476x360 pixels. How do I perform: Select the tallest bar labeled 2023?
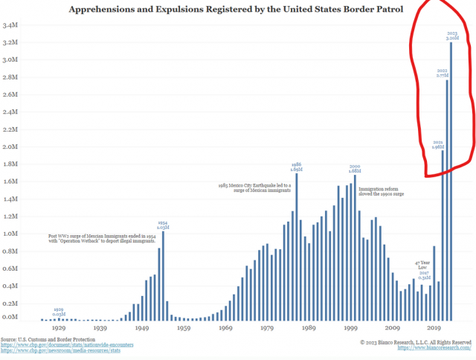pos(451,179)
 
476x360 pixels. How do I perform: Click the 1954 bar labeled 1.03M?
pos(164,275)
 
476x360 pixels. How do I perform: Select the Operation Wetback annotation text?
pos(100,239)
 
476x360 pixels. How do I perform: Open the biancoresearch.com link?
pos(435,348)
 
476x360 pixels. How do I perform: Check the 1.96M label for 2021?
pos(438,147)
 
